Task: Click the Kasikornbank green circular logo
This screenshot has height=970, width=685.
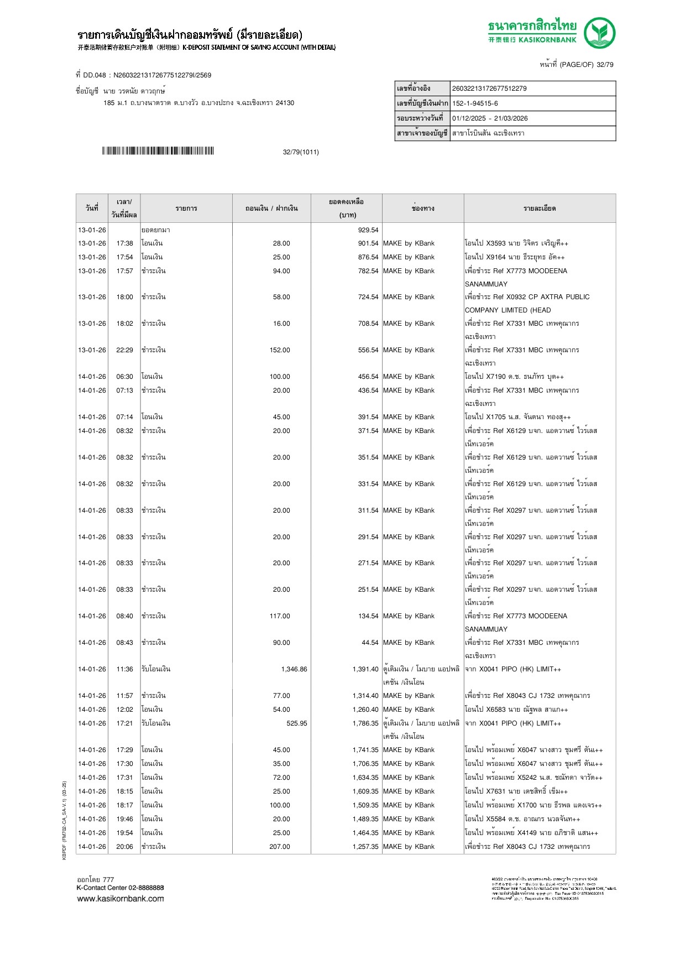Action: [x=599, y=33]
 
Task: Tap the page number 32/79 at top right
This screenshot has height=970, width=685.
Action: [x=604, y=65]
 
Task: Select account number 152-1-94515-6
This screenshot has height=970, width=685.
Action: [x=475, y=103]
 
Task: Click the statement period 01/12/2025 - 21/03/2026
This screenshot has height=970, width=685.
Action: [x=490, y=118]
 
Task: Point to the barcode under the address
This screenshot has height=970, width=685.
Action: [x=158, y=151]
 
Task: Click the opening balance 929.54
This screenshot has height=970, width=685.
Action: [x=368, y=230]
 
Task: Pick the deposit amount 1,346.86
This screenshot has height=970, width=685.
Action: [x=294, y=669]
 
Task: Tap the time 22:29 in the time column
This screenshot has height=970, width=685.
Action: [x=124, y=350]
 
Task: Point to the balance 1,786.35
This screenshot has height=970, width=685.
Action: [x=365, y=723]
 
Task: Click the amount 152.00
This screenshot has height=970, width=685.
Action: [x=280, y=350]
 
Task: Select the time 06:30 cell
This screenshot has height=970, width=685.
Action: [x=124, y=377]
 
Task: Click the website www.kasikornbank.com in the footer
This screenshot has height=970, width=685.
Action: [x=121, y=899]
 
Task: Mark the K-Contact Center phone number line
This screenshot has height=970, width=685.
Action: [x=120, y=888]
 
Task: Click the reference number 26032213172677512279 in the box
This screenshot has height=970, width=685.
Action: [x=489, y=88]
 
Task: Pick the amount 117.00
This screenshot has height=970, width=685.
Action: [x=280, y=616]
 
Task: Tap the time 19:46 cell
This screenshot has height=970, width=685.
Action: [x=124, y=819]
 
